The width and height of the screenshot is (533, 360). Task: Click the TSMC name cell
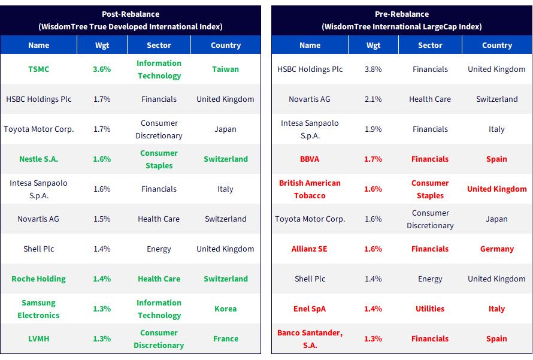39,69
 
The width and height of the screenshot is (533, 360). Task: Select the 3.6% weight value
102,69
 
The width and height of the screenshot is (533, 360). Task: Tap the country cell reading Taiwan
225,69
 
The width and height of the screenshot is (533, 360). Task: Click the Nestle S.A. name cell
39,159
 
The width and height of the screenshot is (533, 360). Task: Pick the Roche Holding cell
39,279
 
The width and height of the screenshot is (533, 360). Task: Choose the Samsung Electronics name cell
38,309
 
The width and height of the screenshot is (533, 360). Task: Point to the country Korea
225,308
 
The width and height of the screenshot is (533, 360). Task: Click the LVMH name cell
39,338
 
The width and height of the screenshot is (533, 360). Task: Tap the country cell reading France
226,338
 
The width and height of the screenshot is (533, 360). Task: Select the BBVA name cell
310,159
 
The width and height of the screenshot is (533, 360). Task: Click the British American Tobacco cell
310,189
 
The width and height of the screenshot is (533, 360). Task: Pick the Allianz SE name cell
310,249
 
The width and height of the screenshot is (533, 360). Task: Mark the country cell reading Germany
496,249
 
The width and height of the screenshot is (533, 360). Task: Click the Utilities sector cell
430,308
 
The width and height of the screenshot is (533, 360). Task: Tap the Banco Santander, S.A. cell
310,339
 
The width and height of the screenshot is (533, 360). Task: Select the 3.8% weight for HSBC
373,69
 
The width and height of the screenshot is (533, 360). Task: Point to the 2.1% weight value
373,99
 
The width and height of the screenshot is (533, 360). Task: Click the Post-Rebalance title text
131,14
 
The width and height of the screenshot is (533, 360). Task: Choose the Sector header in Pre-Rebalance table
430,45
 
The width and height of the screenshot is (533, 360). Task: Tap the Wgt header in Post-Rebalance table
102,45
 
